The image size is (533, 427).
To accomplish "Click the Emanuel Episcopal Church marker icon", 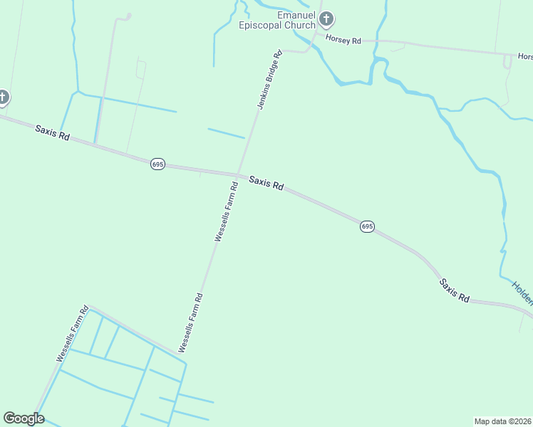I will point(326,19).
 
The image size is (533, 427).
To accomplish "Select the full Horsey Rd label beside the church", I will point(343,40).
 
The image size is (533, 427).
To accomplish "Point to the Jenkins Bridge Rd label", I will point(269,80).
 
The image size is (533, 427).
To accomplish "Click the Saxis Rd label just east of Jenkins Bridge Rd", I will point(266,183).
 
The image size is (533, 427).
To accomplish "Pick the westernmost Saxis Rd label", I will point(52,132).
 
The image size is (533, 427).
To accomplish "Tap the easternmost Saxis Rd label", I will point(454,290).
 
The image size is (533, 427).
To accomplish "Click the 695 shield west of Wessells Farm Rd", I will point(157,164).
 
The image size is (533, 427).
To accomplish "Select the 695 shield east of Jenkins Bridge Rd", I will point(366,226).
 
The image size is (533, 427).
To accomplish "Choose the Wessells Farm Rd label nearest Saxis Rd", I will point(227,212).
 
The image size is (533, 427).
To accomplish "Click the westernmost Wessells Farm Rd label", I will point(72,334).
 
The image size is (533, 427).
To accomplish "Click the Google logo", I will point(24,418).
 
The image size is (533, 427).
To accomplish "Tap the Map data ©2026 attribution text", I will point(502,421).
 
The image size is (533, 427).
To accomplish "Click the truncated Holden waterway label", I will point(522,292).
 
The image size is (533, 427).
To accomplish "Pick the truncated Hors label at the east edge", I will point(524,56).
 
